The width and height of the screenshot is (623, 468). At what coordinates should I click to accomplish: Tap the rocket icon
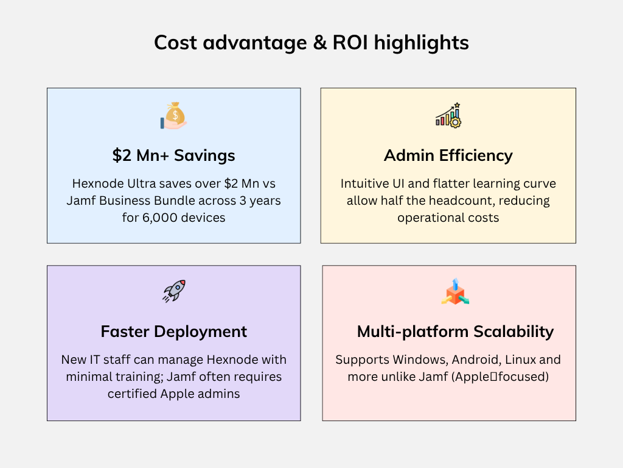(x=174, y=291)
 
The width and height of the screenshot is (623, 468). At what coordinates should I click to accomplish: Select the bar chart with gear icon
(x=448, y=115)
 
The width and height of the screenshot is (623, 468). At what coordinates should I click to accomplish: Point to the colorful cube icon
(x=454, y=292)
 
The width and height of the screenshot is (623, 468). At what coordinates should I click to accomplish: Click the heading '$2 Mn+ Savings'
(x=174, y=155)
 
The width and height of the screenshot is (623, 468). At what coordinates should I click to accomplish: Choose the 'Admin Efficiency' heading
(x=448, y=155)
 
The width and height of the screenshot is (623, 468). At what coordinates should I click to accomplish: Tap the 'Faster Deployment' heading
(x=174, y=331)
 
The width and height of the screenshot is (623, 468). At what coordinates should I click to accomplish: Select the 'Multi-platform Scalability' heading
(x=455, y=331)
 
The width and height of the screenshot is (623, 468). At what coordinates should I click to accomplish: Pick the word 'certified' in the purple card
(x=132, y=394)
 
